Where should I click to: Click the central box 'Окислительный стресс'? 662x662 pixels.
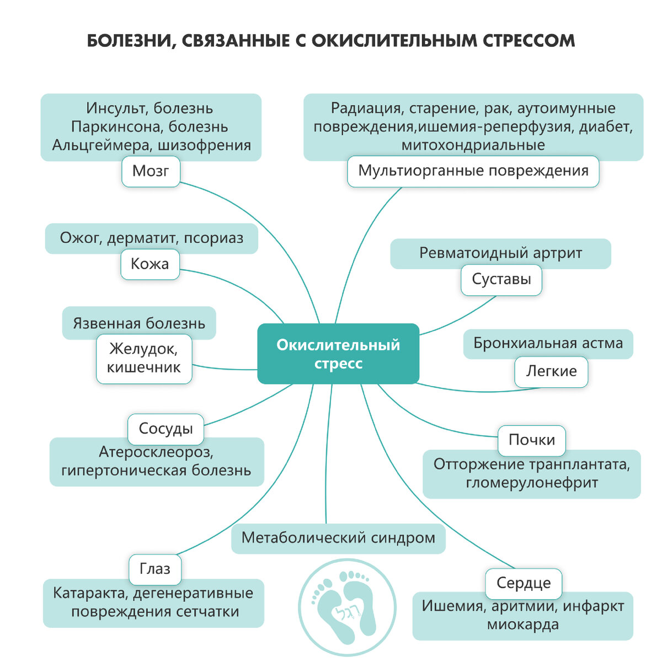coord(338,354)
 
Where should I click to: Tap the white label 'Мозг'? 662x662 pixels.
coord(151,171)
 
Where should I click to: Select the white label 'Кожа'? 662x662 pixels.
coord(150,264)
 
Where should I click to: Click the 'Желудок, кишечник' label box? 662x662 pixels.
coord(144,359)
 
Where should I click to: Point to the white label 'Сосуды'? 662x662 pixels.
coord(165,429)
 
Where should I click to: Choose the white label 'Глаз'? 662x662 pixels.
coord(155,569)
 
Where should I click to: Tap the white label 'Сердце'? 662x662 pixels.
coord(523,583)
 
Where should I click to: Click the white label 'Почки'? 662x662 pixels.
coord(531,440)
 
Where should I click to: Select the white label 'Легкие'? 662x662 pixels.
coord(551,371)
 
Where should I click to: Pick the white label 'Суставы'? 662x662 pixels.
coord(501,279)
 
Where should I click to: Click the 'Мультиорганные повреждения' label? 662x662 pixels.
coord(473,171)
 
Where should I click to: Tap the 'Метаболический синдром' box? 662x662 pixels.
coord(338,538)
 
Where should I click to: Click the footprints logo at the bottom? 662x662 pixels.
coord(347,607)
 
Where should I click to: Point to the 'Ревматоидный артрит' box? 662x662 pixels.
coord(500,253)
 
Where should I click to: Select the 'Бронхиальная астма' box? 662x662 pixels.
coord(548,344)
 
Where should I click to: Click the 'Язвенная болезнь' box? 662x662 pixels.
coord(139,323)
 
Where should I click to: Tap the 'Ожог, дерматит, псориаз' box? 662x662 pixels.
coord(151,239)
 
